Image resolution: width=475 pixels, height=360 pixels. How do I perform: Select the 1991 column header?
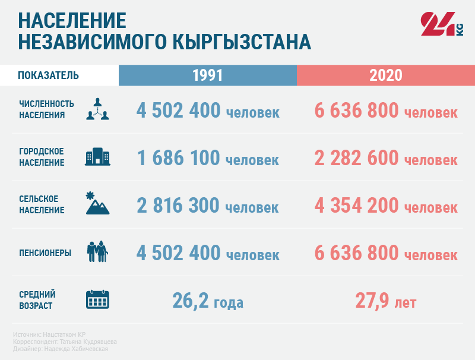click(207, 75)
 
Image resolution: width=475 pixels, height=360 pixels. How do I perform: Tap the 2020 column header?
click(385, 75)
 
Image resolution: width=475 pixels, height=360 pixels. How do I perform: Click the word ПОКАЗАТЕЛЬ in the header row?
click(49, 75)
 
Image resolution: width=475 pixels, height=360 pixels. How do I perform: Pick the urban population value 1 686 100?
click(178, 158)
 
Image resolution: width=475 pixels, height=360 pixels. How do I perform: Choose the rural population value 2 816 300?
click(178, 206)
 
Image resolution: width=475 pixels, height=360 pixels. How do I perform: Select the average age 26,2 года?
click(208, 301)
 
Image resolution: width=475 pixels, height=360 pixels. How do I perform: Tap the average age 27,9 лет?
click(386, 301)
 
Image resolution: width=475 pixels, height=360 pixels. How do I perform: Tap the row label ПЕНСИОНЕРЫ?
click(45, 252)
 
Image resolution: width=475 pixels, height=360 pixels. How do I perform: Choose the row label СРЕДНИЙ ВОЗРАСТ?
click(37, 300)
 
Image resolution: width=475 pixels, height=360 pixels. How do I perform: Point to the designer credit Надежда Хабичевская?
click(61, 349)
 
